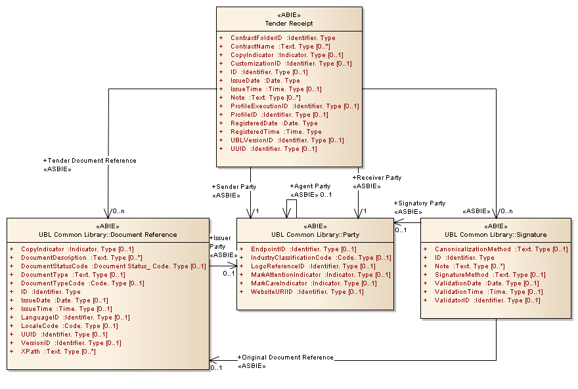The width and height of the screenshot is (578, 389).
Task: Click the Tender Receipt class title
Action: tap(289, 24)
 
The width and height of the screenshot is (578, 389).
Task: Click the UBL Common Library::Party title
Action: tap(315, 235)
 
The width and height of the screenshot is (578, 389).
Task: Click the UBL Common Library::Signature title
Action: tap(495, 235)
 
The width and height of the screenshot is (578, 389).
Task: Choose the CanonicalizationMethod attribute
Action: tap(501, 249)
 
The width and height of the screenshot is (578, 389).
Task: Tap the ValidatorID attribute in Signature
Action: tap(487, 300)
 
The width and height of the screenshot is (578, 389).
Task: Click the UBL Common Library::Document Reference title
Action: tap(108, 235)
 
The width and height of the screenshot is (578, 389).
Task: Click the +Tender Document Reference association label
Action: tap(89, 161)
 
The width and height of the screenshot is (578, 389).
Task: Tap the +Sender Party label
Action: tap(234, 187)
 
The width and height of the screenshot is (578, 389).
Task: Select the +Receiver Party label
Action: tap(377, 178)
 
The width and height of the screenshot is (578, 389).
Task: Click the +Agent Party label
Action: tap(310, 186)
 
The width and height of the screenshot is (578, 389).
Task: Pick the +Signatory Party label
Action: tap(420, 203)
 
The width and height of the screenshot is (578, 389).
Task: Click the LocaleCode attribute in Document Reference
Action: tap(69, 326)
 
